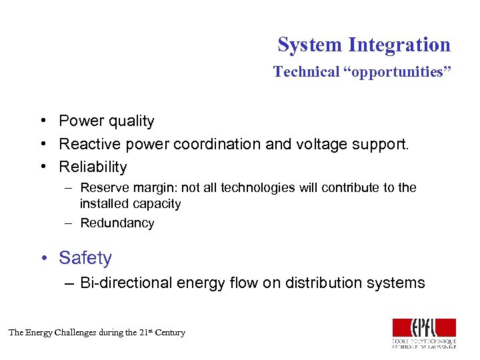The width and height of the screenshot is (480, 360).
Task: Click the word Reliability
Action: pyautogui.click(x=93, y=167)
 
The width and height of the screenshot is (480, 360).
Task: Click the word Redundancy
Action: pyautogui.click(x=117, y=223)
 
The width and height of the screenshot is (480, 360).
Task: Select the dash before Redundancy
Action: pyautogui.click(x=69, y=223)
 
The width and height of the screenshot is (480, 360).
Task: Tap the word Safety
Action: pyautogui.click(x=85, y=258)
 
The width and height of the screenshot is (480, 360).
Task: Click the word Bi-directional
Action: pyautogui.click(x=125, y=283)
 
